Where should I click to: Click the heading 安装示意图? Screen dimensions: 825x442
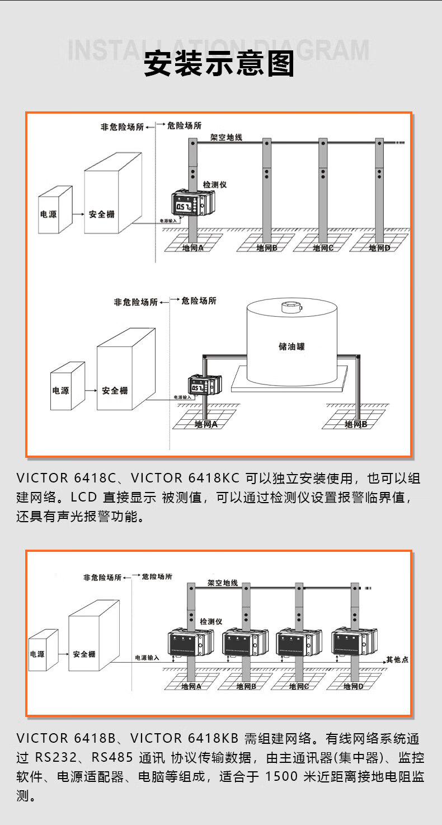219,64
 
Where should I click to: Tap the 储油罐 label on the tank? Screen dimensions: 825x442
291,346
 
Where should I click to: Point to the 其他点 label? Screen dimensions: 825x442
397,660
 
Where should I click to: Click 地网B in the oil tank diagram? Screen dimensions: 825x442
356,424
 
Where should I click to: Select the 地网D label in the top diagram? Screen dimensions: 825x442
380,248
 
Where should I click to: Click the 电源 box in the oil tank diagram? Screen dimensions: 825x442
61,390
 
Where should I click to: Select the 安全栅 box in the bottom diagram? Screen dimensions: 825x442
84,654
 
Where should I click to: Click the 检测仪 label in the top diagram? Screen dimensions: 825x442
214,184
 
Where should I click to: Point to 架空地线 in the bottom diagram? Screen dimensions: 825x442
222,583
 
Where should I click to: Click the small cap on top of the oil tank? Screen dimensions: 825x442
290,307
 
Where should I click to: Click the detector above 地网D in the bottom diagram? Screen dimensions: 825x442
354,643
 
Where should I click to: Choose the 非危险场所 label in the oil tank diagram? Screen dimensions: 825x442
135,302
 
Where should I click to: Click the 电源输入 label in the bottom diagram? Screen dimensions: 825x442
147,657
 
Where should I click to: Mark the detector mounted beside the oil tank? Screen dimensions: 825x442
204,386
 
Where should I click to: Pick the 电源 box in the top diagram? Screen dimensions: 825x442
49,214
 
